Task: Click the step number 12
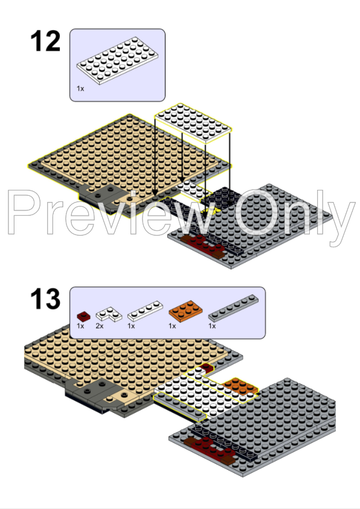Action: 45,41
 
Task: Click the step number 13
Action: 45,300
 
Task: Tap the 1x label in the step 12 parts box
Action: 80,88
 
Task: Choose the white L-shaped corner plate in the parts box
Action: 109,313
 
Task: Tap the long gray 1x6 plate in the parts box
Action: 236,308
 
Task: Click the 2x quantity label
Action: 100,326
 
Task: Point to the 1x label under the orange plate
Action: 172,326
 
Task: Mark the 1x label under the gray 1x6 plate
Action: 212,326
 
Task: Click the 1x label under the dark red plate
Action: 80,326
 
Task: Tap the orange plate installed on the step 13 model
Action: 239,386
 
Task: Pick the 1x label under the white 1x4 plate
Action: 131,326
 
